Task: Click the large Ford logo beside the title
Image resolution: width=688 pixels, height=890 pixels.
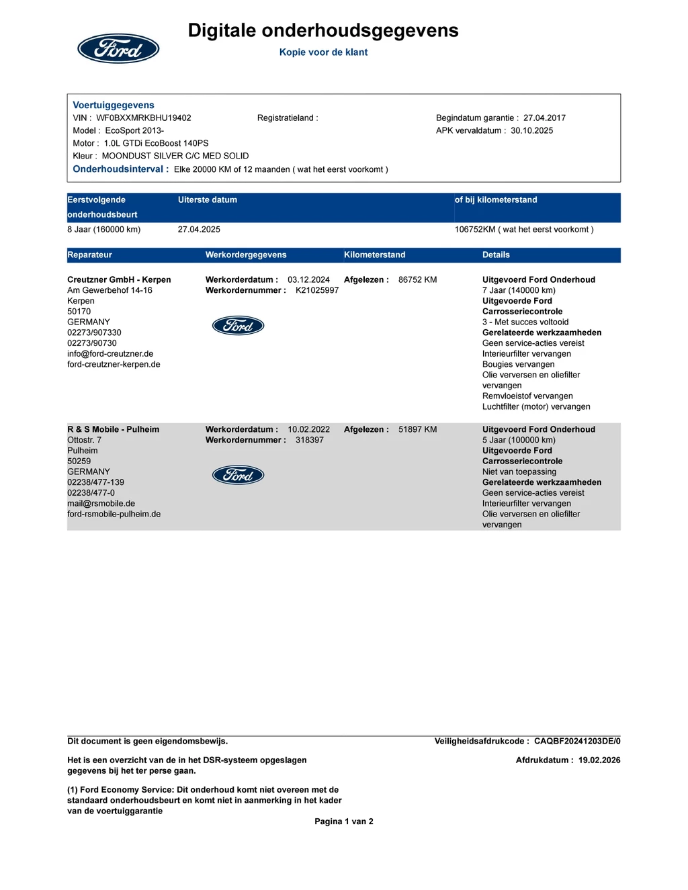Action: coord(118,48)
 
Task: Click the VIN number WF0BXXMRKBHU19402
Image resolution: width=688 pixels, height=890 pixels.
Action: coord(144,118)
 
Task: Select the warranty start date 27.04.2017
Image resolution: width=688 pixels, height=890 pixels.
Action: coord(544,118)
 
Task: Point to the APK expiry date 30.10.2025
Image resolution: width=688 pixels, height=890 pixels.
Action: coord(531,130)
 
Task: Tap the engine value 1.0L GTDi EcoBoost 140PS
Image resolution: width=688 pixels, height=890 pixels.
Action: coord(156,143)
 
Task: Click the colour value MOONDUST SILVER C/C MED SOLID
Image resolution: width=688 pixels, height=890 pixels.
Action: coord(175,156)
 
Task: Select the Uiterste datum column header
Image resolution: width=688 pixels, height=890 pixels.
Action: coord(208,200)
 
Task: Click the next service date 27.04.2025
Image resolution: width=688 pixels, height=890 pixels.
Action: coord(199,230)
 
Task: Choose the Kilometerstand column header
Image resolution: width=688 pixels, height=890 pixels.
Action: coord(374,255)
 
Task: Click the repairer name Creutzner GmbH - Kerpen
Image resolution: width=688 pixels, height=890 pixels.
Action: coord(119,280)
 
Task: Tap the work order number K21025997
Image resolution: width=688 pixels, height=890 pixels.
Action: coord(317,290)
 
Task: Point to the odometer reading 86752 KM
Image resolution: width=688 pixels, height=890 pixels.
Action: coord(417,280)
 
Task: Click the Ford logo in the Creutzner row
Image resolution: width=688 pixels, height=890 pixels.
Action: coord(238,326)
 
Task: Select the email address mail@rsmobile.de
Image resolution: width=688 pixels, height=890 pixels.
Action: coord(101,504)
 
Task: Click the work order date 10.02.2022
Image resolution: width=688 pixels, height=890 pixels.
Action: coord(308,430)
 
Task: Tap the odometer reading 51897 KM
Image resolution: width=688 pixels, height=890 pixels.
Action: coord(417,430)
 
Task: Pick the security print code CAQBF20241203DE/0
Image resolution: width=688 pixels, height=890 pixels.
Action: coord(577,742)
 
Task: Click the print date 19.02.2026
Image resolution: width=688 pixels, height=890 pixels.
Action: coord(599,760)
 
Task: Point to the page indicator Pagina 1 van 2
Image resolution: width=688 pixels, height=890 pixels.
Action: coord(344,821)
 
